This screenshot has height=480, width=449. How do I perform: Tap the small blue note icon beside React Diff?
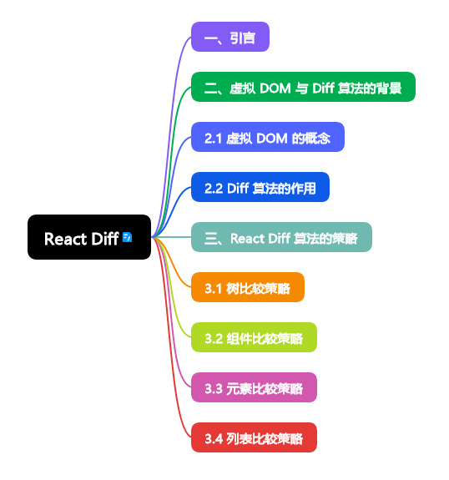click(127, 238)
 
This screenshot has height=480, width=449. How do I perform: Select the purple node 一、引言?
click(230, 38)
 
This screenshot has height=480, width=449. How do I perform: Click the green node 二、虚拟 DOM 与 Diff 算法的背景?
click(302, 88)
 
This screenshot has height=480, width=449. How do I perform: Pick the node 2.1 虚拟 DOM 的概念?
click(267, 138)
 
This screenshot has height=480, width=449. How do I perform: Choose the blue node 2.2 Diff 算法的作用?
click(260, 188)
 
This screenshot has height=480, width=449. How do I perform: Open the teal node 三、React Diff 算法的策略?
click(280, 238)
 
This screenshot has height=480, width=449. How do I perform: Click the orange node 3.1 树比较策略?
click(247, 288)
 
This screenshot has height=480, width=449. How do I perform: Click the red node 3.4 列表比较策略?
click(254, 438)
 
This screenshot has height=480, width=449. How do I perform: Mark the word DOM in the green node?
click(276, 88)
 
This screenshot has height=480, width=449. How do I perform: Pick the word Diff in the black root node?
click(104, 239)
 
